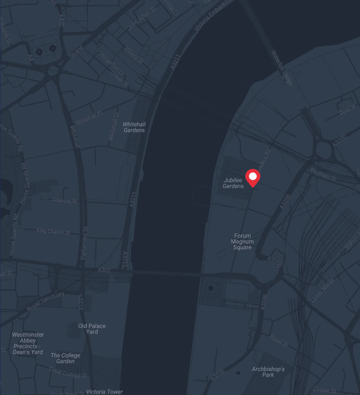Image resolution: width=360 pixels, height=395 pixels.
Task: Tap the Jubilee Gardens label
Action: tap(233, 183)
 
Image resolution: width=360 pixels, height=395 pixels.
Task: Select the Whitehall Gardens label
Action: tap(134, 127)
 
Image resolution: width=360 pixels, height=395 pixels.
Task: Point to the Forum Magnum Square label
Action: tap(242, 241)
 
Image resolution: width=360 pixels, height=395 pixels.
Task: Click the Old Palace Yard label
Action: tap(92, 329)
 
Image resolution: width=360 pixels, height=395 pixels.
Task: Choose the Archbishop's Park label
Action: tap(268, 372)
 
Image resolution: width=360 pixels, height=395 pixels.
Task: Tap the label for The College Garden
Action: tap(65, 358)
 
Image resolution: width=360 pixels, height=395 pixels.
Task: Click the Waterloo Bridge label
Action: tap(282, 68)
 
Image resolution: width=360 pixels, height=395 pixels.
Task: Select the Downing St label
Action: tap(65, 200)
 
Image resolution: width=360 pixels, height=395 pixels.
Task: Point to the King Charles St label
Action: tap(53, 231)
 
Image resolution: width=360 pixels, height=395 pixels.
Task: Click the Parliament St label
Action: tap(84, 243)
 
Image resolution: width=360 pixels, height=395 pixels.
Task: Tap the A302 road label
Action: tap(104, 270)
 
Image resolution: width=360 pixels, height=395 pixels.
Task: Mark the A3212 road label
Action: tap(82, 302)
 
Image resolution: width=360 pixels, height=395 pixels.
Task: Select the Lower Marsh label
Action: tap(322, 290)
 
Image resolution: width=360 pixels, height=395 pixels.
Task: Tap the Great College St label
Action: tap(68, 372)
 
